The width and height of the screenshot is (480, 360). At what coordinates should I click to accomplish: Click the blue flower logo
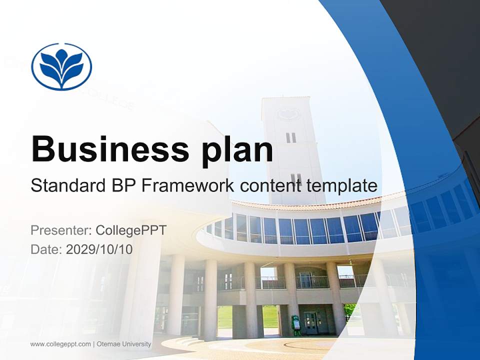tap(61, 66)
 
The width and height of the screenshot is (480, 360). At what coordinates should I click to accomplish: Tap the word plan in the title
tap(237, 150)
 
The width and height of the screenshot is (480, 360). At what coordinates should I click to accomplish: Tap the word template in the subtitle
tap(342, 185)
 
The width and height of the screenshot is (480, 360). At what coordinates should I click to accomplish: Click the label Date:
tap(46, 249)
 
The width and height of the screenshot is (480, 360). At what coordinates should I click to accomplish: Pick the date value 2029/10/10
tap(99, 249)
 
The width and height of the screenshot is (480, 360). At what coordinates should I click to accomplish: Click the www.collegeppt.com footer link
tap(60, 344)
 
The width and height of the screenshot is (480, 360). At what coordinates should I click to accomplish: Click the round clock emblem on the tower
tap(289, 114)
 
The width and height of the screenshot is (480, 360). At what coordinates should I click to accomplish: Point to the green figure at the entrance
tap(297, 324)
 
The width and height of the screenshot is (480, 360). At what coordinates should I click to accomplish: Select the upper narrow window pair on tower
tap(291, 137)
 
